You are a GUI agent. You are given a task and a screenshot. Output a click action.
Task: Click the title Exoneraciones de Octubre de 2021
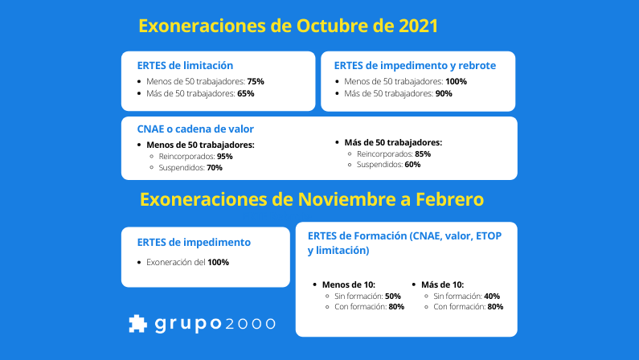[x=288, y=26]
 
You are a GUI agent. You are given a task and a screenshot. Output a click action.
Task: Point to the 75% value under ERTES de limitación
[x=256, y=81]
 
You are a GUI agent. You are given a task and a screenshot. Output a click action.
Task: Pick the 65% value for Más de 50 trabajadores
[x=246, y=93]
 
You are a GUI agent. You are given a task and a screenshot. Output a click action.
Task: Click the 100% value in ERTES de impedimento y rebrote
[x=456, y=81]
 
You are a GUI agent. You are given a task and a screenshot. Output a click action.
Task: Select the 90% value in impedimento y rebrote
[x=443, y=93]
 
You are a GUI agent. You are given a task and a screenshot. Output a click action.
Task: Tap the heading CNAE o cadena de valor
[x=195, y=129]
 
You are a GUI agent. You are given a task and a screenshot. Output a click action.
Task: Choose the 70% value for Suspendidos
[x=214, y=167]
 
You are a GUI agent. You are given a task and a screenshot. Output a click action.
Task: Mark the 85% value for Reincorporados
[x=423, y=153]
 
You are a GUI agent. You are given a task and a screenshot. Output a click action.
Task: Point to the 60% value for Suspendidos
[x=412, y=165]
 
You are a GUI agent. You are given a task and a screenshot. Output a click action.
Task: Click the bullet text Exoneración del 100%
[x=187, y=262]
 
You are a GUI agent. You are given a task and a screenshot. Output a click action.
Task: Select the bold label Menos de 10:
[x=349, y=284]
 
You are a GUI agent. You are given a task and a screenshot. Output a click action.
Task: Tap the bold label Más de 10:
[x=442, y=284]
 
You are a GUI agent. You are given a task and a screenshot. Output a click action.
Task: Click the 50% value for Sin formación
[x=393, y=296]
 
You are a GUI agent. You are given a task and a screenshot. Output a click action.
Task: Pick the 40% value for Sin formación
[x=492, y=296]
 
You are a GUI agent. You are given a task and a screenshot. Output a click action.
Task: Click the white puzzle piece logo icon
[x=137, y=323]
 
